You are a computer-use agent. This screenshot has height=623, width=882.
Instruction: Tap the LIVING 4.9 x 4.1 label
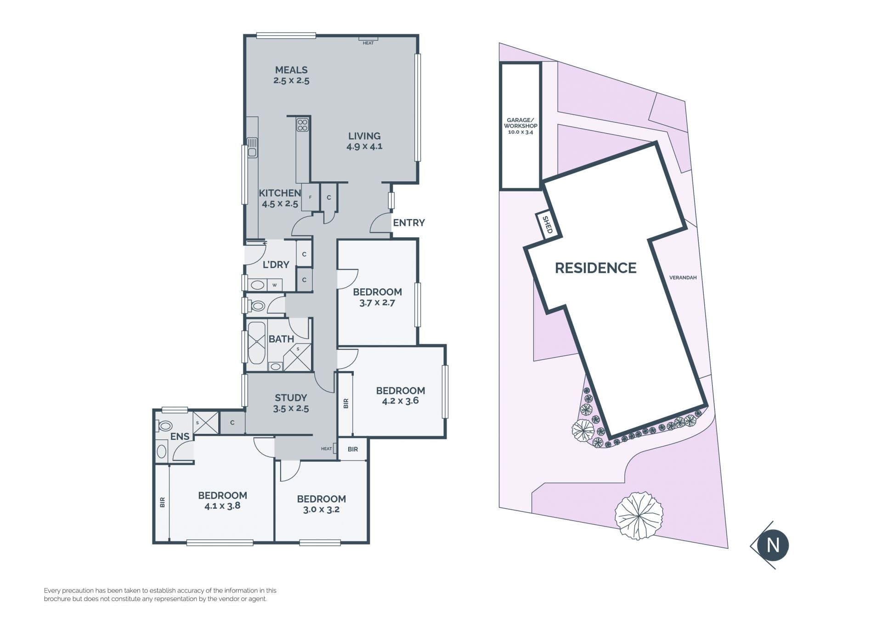click(364, 141)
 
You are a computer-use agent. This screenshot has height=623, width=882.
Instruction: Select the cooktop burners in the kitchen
click(303, 125)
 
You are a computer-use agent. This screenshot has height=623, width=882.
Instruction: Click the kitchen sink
click(252, 147)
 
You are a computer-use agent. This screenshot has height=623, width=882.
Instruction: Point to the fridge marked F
click(311, 197)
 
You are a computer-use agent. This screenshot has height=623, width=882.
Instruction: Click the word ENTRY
click(409, 223)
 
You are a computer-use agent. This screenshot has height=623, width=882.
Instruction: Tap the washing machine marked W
click(275, 285)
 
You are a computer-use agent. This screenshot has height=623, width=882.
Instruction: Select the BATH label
click(281, 339)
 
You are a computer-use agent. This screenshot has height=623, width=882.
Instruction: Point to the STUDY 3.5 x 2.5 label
click(291, 403)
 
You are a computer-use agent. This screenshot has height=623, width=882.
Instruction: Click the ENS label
click(180, 437)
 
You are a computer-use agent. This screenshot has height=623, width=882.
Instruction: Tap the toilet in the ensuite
click(164, 426)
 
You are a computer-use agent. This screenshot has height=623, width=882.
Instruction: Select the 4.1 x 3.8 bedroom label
click(222, 500)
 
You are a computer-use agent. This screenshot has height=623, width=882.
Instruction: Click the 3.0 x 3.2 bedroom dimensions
click(321, 509)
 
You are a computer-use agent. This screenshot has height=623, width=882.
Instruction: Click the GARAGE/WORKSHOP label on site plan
click(520, 126)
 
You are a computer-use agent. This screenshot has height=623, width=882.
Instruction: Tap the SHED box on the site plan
click(547, 225)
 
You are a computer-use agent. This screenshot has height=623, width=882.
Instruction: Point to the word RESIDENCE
click(596, 268)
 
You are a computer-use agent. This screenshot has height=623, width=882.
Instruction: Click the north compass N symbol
click(773, 545)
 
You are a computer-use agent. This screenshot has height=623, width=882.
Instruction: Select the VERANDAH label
click(683, 278)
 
